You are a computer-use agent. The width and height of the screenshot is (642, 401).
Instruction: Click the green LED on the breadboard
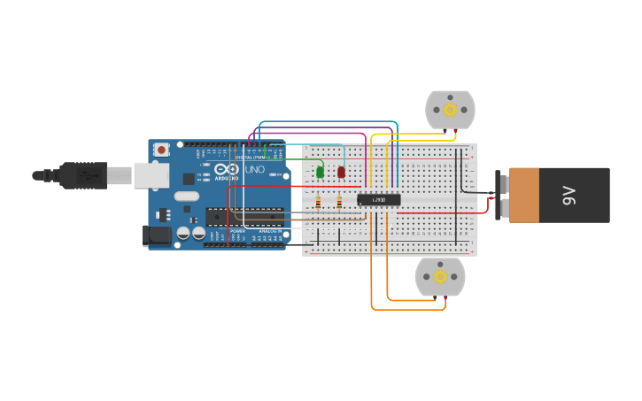tap(320, 172)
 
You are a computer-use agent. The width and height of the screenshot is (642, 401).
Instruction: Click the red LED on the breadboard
tap(341, 172)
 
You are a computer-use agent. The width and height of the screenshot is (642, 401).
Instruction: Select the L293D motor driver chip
tap(378, 200)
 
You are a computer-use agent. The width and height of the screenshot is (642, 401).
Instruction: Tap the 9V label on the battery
tap(569, 196)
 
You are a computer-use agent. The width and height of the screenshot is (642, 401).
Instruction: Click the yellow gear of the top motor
tap(450, 110)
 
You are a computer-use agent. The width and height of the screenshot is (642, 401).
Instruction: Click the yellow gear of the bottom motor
tap(440, 277)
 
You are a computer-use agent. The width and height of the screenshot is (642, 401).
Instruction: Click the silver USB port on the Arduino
tap(151, 175)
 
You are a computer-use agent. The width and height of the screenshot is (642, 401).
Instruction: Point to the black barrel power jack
tap(157, 235)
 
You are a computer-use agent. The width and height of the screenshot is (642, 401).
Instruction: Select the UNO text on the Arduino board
tap(254, 169)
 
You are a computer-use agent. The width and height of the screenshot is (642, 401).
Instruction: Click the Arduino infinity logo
tap(227, 169)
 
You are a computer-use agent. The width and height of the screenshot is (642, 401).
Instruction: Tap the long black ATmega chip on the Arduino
tap(244, 216)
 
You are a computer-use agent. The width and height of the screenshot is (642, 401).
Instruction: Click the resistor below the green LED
tap(318, 203)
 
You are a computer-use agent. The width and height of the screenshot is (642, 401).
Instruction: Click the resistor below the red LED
tap(339, 203)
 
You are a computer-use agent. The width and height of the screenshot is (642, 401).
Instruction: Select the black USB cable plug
tap(84, 175)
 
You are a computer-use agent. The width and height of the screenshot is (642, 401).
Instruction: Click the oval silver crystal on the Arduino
tap(187, 196)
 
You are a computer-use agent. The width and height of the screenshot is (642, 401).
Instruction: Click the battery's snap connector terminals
tap(502, 196)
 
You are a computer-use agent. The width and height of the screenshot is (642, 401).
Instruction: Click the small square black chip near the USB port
tap(189, 179)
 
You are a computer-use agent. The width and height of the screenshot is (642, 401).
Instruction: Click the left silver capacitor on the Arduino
tap(183, 233)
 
